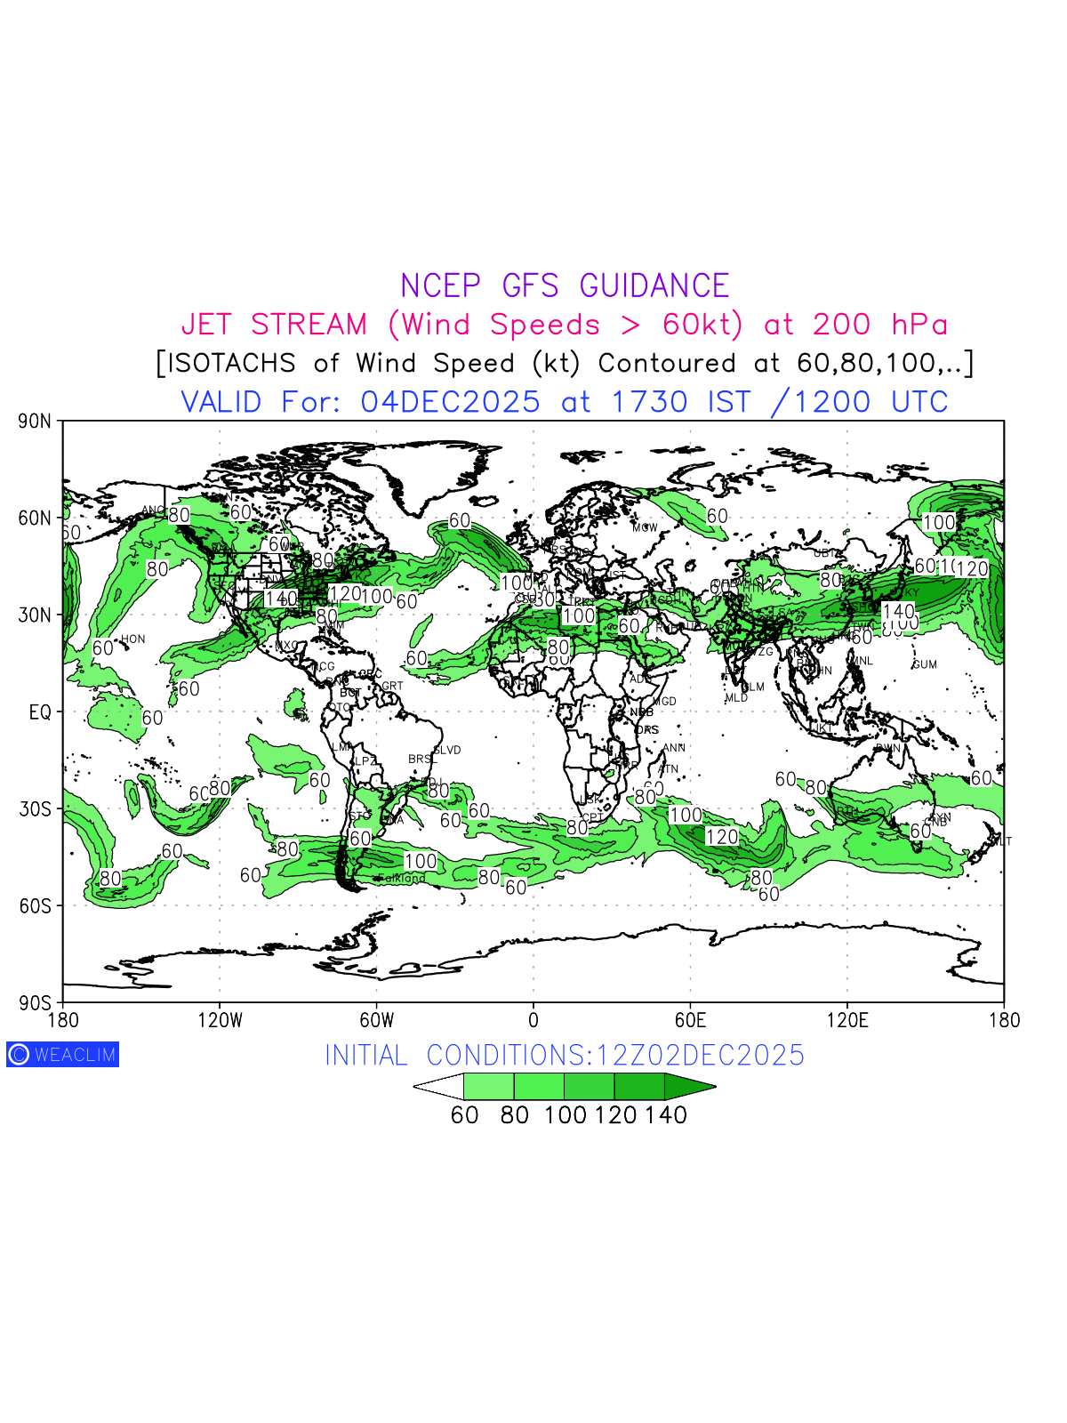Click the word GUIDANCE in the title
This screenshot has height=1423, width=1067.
pos(654,286)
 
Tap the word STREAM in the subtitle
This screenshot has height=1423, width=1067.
pos(309,325)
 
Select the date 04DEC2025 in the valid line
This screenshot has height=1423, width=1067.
pos(450,402)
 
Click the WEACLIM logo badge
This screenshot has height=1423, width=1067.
pos(62,1055)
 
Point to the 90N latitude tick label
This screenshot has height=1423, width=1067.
pos(35,422)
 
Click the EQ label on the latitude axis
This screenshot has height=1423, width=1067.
pos(40,712)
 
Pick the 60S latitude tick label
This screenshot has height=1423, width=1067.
pos(35,906)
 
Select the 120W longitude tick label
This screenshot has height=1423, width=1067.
pos(220,1021)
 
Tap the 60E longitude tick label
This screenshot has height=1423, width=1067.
pos(690,1021)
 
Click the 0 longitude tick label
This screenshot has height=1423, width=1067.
pos(533,1021)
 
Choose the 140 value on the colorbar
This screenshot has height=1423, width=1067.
pos(666,1115)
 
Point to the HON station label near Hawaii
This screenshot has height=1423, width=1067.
pos(132,639)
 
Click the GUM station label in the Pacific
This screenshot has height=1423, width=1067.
pos(925,664)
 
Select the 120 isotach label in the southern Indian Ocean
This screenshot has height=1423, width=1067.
pos(722,837)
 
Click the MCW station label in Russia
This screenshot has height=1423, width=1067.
pos(645,527)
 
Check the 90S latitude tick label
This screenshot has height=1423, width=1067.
pos(35,1003)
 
